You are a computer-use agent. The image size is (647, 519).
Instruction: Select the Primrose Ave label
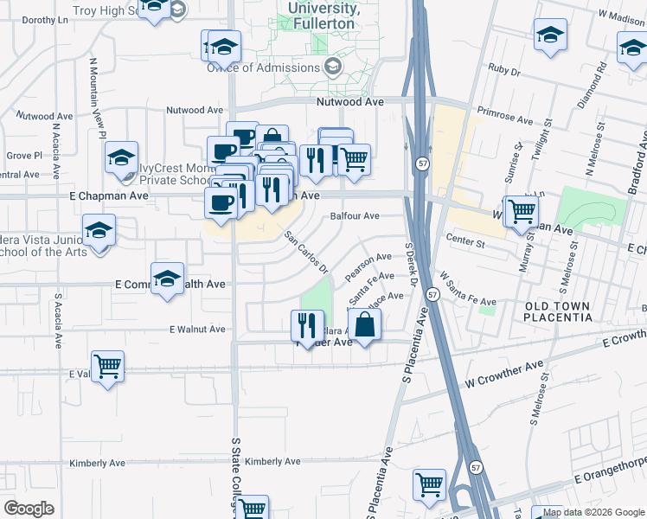(x=505, y=118)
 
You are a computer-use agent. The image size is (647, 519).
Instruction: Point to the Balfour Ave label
(x=356, y=216)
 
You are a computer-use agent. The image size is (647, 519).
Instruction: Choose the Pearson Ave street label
(x=368, y=266)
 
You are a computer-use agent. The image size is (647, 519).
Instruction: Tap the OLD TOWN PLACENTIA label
(x=558, y=312)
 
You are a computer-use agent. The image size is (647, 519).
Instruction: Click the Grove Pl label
(x=24, y=156)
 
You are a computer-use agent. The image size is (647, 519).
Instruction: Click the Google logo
(x=29, y=509)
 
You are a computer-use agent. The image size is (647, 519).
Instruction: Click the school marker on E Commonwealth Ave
(x=167, y=279)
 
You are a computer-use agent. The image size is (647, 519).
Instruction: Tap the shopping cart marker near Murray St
(x=522, y=211)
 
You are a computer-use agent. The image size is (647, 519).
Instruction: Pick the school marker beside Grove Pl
(x=121, y=157)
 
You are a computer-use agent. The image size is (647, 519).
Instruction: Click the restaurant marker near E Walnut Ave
(x=307, y=325)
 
